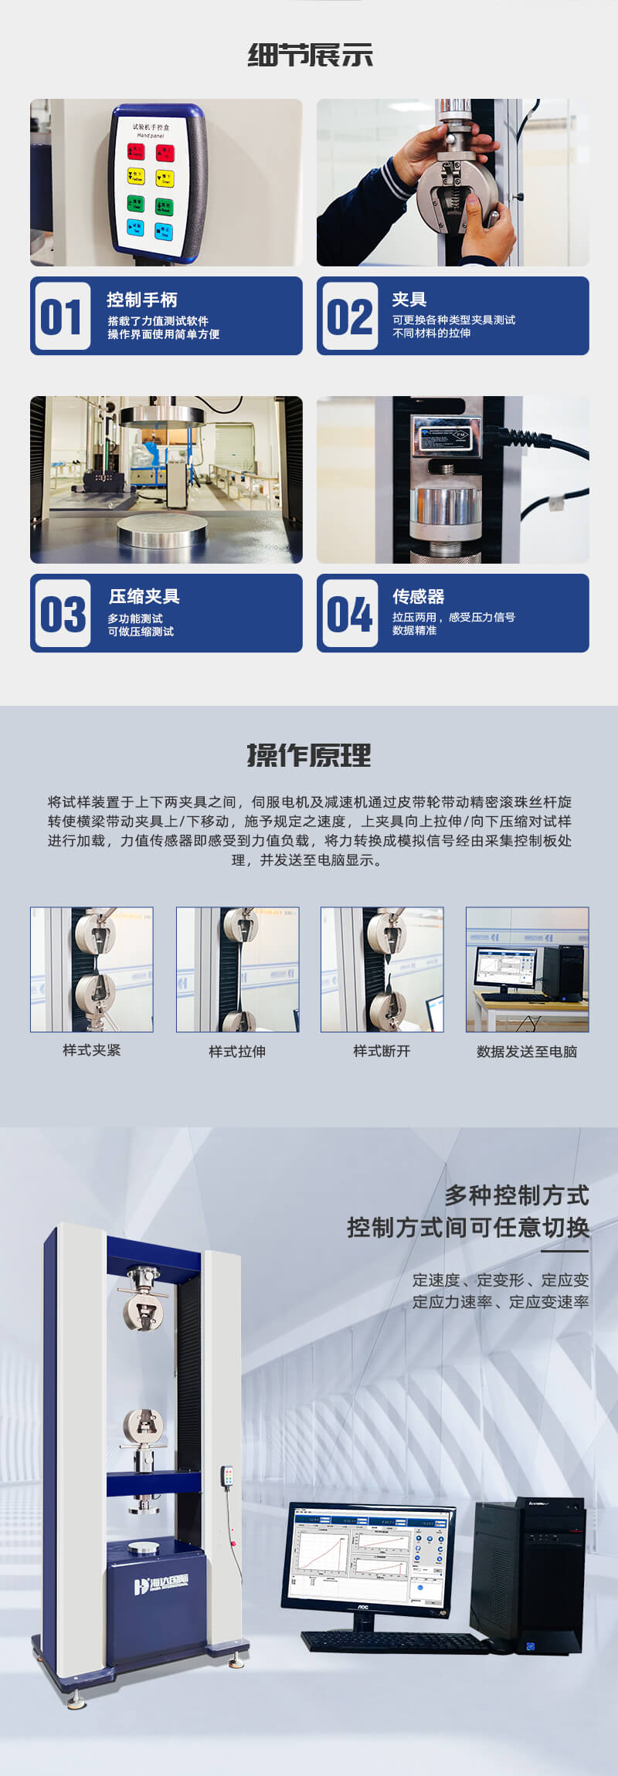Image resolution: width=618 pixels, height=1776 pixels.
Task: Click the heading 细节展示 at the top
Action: point(310,55)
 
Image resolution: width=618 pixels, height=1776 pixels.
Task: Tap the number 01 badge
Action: point(61,317)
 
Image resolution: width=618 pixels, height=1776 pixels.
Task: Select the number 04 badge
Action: point(349,614)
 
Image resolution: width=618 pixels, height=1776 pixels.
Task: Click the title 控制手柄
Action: point(141,300)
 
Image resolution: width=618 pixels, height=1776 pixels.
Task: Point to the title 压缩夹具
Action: point(144,596)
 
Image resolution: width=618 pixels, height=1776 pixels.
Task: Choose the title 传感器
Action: point(418,596)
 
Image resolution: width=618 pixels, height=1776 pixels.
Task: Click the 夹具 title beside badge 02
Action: point(409,299)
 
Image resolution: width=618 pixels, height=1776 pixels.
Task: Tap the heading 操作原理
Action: point(309,754)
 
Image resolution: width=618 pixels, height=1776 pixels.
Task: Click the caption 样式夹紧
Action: point(91,1050)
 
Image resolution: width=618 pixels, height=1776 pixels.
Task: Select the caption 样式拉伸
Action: point(237,1051)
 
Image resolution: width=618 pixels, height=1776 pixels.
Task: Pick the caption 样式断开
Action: point(382,1050)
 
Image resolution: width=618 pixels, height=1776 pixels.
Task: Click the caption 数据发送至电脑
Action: point(527,1051)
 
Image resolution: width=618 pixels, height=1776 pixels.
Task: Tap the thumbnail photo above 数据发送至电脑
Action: point(527,969)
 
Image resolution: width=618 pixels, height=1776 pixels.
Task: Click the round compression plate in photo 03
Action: point(166,533)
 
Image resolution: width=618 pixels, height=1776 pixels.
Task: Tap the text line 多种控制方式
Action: point(516,1195)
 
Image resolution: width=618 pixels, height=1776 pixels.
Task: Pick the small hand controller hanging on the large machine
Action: point(227,1477)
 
